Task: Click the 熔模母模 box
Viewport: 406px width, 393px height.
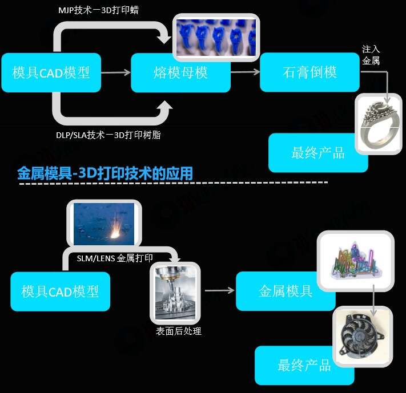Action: [180, 73]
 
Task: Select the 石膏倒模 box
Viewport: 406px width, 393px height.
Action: [309, 72]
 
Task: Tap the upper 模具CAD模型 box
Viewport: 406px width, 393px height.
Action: [51, 73]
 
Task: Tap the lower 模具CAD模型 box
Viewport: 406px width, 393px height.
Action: [60, 291]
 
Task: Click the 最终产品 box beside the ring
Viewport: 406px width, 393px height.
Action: [318, 153]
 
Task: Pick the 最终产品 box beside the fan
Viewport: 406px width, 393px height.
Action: [304, 365]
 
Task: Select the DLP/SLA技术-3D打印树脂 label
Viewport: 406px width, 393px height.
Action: [104, 134]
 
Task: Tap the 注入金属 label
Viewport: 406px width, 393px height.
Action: [371, 55]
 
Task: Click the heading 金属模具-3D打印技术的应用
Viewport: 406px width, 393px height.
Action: [105, 173]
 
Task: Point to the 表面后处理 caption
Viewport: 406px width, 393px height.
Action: [179, 331]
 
